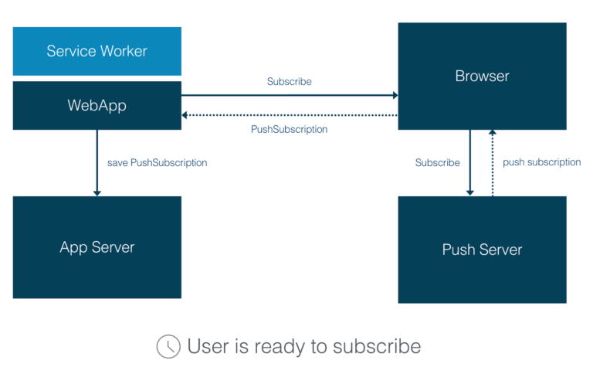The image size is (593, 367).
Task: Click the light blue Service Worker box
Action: pyautogui.click(x=97, y=52)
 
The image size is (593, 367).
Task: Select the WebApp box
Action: pyautogui.click(x=97, y=105)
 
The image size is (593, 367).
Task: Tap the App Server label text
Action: pyautogui.click(x=97, y=247)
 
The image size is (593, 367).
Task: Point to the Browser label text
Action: pyautogui.click(x=482, y=76)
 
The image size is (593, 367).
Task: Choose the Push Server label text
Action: pyautogui.click(x=482, y=250)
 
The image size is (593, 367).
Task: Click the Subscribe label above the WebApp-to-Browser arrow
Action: pyautogui.click(x=289, y=81)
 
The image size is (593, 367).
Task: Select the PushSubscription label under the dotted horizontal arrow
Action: pyautogui.click(x=289, y=129)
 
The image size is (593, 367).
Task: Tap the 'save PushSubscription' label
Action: pyautogui.click(x=157, y=163)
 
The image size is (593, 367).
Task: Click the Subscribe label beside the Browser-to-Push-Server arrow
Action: pyautogui.click(x=437, y=163)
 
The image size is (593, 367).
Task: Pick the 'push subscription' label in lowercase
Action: pyautogui.click(x=541, y=162)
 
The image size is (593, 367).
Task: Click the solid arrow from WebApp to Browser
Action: pyautogui.click(x=289, y=96)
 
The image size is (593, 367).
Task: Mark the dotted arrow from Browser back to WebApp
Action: pyautogui.click(x=289, y=115)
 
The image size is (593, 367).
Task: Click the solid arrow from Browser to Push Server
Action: pyautogui.click(x=470, y=162)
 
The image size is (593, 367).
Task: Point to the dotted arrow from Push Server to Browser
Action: pyautogui.click(x=492, y=162)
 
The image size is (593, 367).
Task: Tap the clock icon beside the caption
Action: pyautogui.click(x=168, y=346)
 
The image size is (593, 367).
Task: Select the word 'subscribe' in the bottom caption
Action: pyautogui.click(x=377, y=346)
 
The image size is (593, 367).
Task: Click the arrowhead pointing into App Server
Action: pyautogui.click(x=97, y=192)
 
